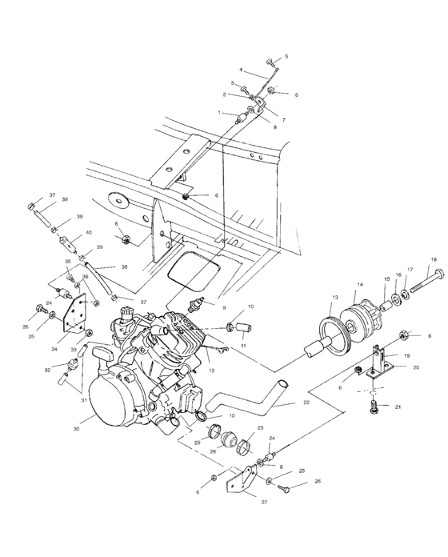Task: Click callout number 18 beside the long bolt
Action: tap(434, 260)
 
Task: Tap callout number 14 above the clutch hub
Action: tap(359, 284)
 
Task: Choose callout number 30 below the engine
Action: tap(76, 429)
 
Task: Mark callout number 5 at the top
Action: tap(286, 57)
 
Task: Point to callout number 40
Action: tap(88, 234)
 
